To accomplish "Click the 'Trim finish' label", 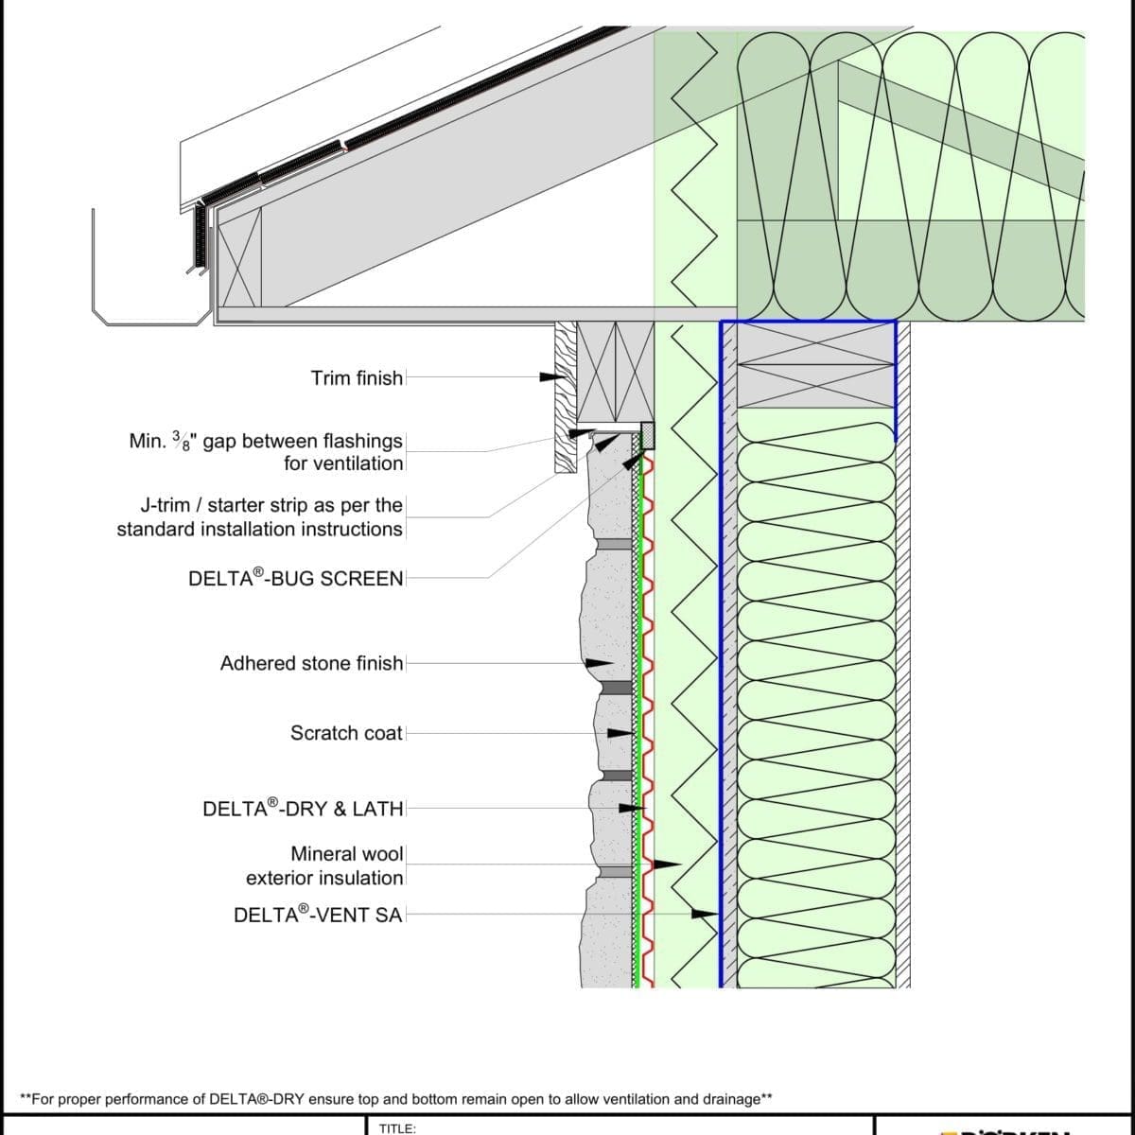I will click(x=357, y=378).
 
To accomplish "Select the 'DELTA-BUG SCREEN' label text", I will click(x=295, y=578).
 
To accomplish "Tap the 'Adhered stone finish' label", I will click(x=311, y=663).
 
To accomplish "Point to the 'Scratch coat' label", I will click(x=346, y=733).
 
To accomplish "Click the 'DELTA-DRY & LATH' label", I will click(x=303, y=809).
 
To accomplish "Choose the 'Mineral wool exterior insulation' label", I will click(x=324, y=865).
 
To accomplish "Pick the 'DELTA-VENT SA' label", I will click(x=318, y=915).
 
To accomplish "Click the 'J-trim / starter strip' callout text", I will click(x=260, y=516).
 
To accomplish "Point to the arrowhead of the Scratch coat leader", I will click(x=620, y=733).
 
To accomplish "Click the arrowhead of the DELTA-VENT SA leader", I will click(x=706, y=914).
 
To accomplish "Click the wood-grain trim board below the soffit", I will click(x=565, y=397).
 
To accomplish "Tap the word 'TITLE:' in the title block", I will click(x=397, y=1127).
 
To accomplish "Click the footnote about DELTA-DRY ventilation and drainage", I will click(x=396, y=1099).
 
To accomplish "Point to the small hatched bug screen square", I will click(x=648, y=436).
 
